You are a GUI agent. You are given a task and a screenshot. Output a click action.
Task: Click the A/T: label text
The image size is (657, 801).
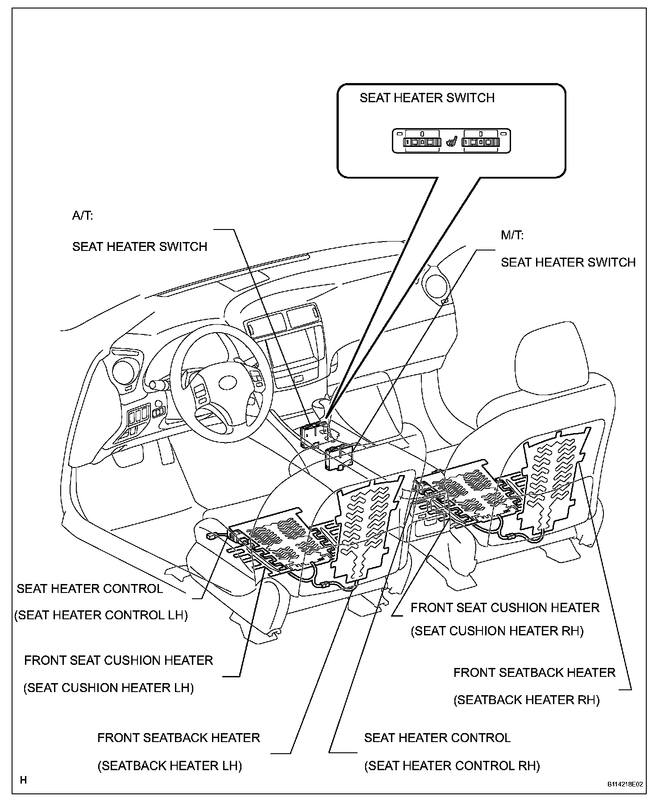pyautogui.click(x=83, y=216)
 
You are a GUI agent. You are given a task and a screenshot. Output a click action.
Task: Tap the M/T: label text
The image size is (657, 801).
pyautogui.click(x=512, y=235)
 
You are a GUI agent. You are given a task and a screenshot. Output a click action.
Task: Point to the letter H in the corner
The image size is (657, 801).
pyautogui.click(x=24, y=780)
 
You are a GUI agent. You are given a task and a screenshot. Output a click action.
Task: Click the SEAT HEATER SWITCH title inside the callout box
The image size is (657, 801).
pyautogui.click(x=427, y=98)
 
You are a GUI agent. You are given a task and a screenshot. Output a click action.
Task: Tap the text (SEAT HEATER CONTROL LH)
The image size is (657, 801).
pyautogui.click(x=101, y=615)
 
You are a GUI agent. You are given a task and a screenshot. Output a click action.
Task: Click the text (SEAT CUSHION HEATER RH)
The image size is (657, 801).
pyautogui.click(x=497, y=631)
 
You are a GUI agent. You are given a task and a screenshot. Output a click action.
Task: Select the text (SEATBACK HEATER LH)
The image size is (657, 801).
pyautogui.click(x=170, y=766)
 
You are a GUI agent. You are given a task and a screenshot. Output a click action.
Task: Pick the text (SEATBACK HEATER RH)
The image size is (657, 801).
pyautogui.click(x=527, y=700)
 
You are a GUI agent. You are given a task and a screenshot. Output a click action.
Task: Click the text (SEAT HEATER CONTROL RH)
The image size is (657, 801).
pyautogui.click(x=452, y=766)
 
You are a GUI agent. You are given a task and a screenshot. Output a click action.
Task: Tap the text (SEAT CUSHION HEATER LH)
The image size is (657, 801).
pyautogui.click(x=108, y=688)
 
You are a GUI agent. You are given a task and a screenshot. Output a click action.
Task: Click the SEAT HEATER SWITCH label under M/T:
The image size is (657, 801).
pyautogui.click(x=568, y=262)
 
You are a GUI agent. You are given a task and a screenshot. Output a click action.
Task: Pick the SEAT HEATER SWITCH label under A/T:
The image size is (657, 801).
pyautogui.click(x=140, y=246)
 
